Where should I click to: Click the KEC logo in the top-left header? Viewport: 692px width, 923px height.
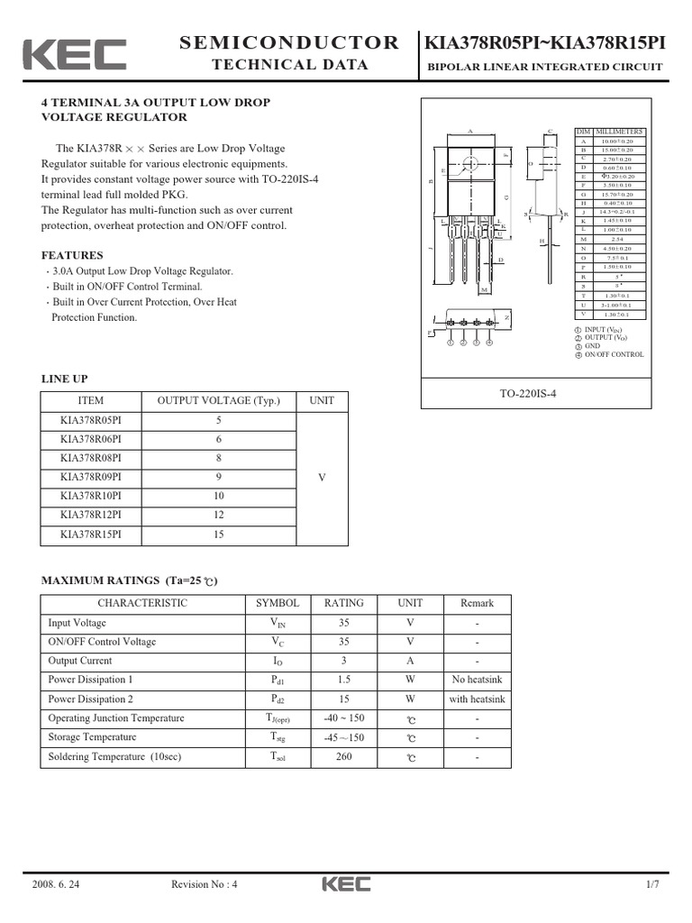[75, 55]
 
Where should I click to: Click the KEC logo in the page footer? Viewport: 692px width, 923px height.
[346, 885]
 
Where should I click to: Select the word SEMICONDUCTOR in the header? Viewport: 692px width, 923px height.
[289, 42]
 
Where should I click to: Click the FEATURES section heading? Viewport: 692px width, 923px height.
[72, 255]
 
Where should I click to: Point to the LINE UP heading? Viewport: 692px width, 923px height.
[65, 379]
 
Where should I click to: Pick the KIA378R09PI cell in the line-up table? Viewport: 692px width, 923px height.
[90, 477]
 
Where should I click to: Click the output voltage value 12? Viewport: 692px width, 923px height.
[218, 515]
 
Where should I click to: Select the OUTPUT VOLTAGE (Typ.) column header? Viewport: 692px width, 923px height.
[218, 401]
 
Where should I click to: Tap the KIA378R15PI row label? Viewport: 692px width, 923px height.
[90, 534]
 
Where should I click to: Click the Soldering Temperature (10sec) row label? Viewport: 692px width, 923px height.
[114, 757]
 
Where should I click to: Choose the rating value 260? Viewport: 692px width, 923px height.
[344, 757]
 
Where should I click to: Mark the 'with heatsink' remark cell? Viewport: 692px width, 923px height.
[477, 699]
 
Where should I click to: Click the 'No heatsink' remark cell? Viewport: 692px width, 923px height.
[477, 680]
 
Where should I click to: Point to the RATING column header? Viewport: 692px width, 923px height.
[344, 603]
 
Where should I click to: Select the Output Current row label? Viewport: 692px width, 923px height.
[80, 661]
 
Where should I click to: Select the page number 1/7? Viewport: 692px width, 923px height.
[652, 885]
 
